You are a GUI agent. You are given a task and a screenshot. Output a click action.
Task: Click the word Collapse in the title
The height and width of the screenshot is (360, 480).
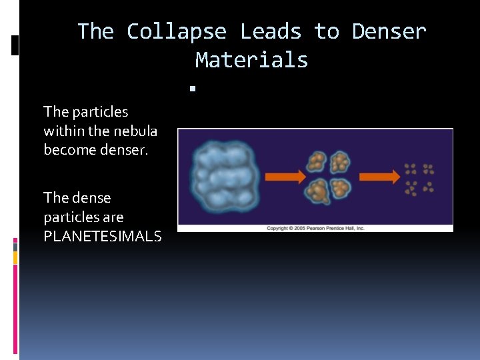click(176, 31)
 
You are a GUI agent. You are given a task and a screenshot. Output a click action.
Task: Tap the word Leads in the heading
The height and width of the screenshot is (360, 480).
click(271, 31)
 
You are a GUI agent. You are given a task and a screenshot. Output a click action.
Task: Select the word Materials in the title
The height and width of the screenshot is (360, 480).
click(251, 60)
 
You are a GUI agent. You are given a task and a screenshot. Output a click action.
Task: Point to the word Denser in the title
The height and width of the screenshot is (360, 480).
click(389, 31)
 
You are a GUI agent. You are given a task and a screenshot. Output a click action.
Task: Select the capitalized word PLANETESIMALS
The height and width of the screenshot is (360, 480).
click(102, 236)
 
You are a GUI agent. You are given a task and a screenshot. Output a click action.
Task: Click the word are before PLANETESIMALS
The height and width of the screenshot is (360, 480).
click(113, 217)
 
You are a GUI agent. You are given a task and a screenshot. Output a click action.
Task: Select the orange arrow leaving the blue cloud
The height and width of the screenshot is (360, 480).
click(285, 177)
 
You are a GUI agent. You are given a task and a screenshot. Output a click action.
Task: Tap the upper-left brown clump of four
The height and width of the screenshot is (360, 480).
click(316, 162)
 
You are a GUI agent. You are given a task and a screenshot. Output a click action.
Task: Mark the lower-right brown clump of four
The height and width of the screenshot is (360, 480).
click(341, 189)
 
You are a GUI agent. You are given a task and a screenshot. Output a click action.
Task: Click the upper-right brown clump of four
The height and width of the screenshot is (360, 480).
click(341, 162)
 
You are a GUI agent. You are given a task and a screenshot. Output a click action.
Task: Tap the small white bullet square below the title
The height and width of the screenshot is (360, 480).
click(191, 87)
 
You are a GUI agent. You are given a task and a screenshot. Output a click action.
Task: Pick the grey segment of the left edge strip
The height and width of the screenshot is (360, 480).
click(15, 246)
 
